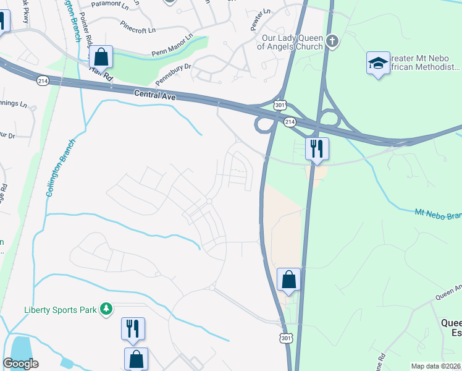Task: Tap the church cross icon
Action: (x=332, y=41)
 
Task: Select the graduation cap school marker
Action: (x=378, y=62)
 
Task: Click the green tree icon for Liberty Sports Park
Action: (x=106, y=308)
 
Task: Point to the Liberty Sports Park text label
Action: (x=61, y=309)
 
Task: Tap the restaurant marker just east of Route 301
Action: (x=317, y=148)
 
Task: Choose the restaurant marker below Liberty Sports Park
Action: (x=133, y=328)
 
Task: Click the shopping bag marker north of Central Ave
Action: (x=101, y=57)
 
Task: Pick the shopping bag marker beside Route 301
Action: (x=288, y=279)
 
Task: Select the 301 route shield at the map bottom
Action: (x=284, y=339)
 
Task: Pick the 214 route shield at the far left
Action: (x=43, y=81)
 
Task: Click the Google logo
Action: (x=21, y=364)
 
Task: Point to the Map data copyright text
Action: (x=435, y=366)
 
